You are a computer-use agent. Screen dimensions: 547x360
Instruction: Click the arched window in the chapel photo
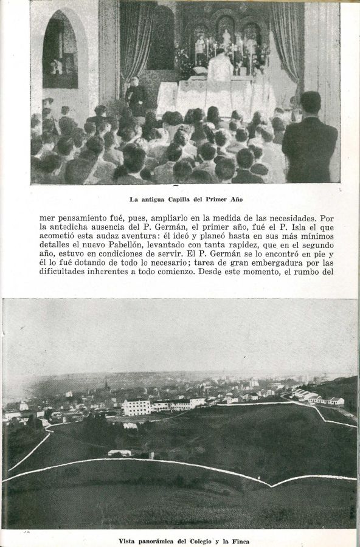[x=60, y=52]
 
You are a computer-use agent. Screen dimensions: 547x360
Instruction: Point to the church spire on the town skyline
[x=106, y=387]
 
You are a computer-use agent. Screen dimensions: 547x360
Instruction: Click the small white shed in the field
[x=119, y=453]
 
